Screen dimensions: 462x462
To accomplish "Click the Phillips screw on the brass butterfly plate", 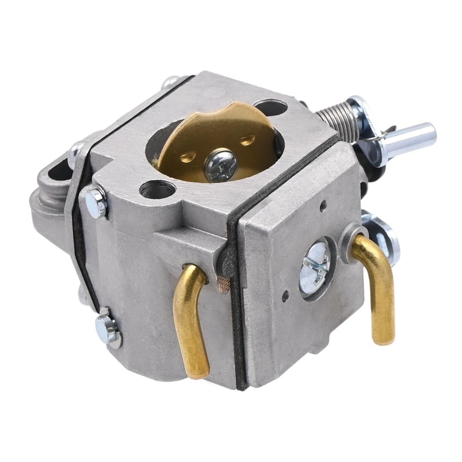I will click(221, 165).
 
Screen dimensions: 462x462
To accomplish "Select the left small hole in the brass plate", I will click(186, 156).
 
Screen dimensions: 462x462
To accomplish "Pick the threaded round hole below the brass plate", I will click(158, 189).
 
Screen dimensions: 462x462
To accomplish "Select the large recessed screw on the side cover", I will click(314, 267).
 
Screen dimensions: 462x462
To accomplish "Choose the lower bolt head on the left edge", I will click(107, 330).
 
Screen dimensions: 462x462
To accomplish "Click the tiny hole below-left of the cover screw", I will click(285, 296).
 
